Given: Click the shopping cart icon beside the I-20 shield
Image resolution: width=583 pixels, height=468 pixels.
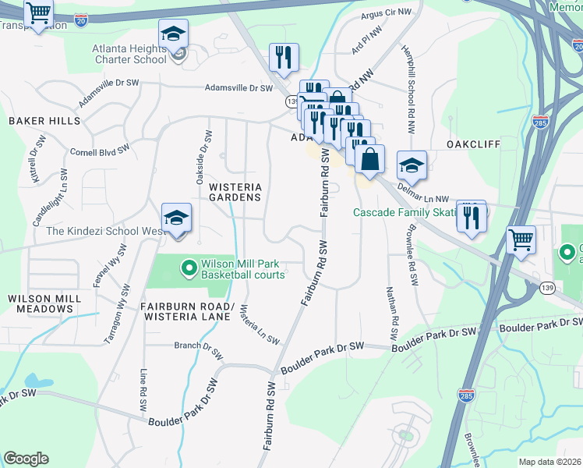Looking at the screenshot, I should coord(38,13).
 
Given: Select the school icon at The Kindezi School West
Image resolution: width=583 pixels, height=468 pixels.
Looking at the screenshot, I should coord(177,218).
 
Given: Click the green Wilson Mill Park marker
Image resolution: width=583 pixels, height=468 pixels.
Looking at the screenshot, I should coord(188,269).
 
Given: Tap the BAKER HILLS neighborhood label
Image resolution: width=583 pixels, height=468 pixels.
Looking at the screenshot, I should coord(44,121).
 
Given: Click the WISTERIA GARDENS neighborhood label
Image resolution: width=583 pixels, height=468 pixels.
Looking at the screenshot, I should coord(235,192).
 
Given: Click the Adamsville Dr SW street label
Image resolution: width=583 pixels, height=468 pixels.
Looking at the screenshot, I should coord(238,88).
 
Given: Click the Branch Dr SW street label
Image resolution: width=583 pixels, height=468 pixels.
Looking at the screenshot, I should coord(198,346).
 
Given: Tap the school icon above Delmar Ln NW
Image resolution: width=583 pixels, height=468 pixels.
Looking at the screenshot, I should coord(412,165).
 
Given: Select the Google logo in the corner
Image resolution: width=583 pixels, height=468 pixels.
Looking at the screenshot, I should coord(26,459).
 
